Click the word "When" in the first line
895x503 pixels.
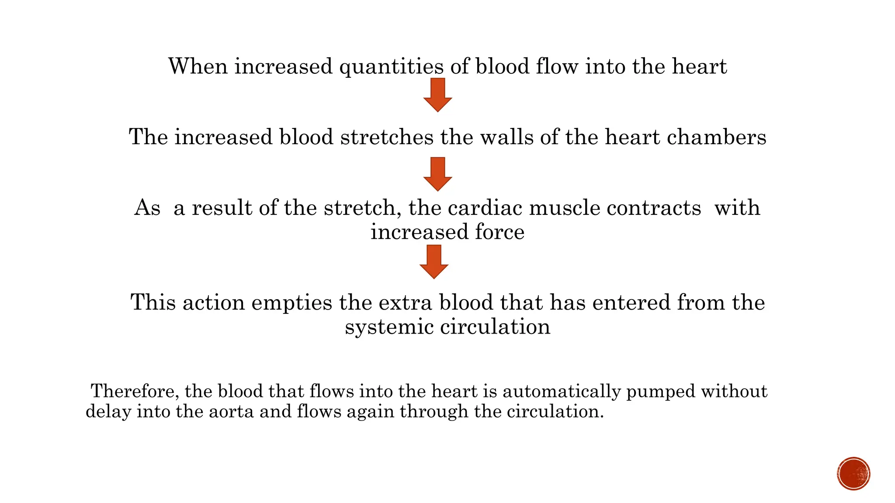click(x=198, y=67)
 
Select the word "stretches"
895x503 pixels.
click(x=387, y=137)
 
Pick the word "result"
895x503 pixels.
click(x=222, y=208)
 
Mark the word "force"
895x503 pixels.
click(x=500, y=232)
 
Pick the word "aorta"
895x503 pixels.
click(x=231, y=412)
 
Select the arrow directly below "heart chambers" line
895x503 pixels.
click(x=437, y=174)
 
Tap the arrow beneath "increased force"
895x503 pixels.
click(x=434, y=262)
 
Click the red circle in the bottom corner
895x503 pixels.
click(x=853, y=474)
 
